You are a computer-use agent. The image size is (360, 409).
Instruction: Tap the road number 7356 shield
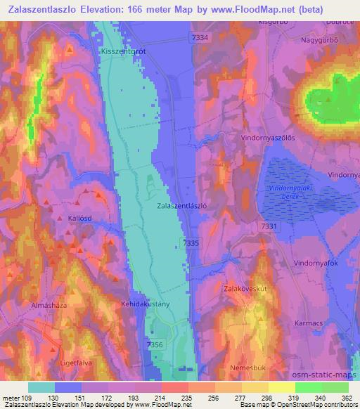coord(155,344)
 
